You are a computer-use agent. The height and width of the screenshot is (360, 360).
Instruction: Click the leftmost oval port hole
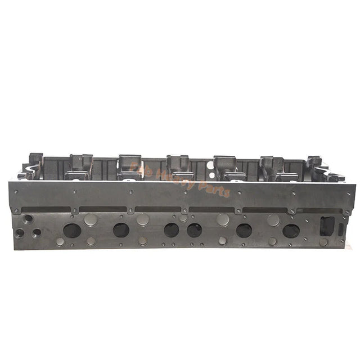point(72,230)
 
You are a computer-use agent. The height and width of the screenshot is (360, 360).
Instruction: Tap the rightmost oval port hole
point(291,230)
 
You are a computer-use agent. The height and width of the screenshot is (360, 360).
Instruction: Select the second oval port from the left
point(121,230)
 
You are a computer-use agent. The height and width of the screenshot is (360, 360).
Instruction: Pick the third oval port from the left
point(172,230)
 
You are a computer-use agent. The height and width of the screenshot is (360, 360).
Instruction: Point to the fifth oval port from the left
point(244,230)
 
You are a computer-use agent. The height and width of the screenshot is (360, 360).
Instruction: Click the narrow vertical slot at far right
point(341,229)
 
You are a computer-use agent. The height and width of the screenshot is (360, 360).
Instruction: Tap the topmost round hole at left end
point(28,218)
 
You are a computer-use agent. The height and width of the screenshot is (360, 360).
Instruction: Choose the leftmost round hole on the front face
point(20,233)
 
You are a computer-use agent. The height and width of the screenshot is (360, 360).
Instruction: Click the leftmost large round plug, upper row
point(91,220)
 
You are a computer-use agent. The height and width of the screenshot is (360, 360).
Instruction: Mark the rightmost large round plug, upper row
point(273,220)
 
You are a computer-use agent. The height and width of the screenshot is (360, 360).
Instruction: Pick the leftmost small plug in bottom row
point(60,242)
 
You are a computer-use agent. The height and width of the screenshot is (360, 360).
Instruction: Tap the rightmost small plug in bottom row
point(323,242)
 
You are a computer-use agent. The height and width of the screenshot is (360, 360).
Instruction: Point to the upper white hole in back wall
point(210,165)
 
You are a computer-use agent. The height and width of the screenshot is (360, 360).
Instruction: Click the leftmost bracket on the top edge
point(35,159)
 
